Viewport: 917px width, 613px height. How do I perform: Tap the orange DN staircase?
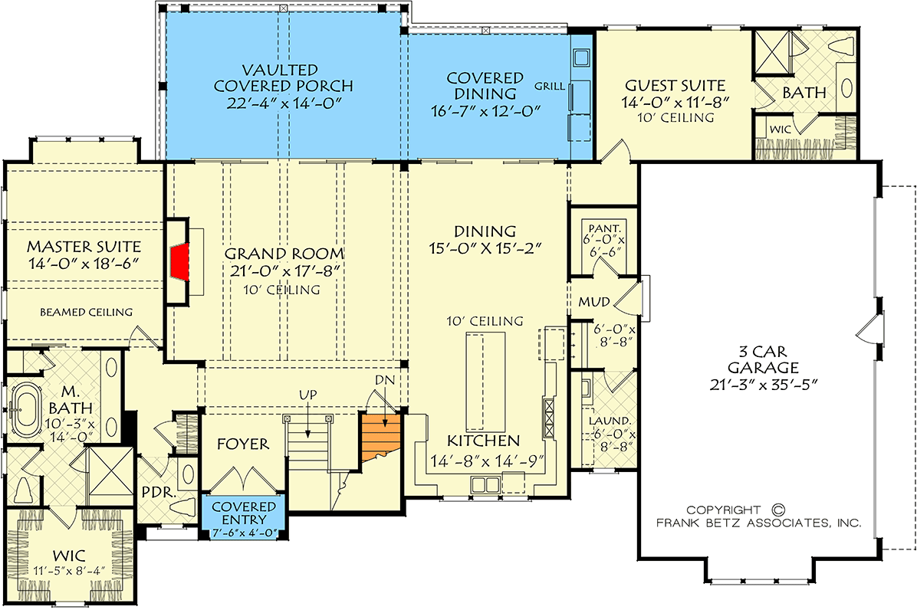click(x=382, y=437)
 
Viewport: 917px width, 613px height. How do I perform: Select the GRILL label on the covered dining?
click(x=549, y=86)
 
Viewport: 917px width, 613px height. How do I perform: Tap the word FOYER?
click(x=242, y=444)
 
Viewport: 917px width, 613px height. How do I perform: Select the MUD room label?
click(x=593, y=302)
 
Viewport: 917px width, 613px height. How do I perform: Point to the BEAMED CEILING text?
click(x=85, y=312)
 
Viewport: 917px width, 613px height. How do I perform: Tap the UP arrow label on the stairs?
click(x=308, y=394)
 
